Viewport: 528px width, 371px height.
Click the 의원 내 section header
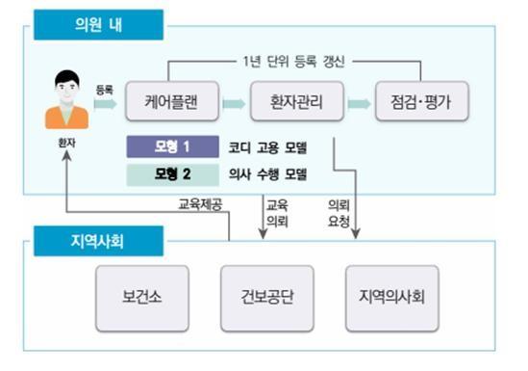coord(98,25)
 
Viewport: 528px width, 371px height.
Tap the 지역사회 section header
coord(98,241)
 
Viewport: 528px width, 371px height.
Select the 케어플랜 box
coord(172,101)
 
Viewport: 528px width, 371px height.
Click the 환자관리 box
coord(297,101)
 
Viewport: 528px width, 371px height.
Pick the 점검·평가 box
coord(422,101)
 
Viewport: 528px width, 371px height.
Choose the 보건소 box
coord(142,298)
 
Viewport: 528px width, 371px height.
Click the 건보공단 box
coord(267,298)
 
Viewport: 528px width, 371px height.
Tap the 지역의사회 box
coord(392,298)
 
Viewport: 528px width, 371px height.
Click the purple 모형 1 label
coord(173,146)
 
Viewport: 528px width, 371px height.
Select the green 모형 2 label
coord(173,174)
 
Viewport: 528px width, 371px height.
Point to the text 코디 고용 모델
coord(267,147)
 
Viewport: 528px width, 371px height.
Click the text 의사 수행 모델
coord(267,174)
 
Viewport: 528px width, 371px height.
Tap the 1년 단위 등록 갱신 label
coord(293,62)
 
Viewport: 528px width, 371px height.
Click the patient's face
coord(66,90)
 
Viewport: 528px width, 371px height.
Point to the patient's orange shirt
coord(66,117)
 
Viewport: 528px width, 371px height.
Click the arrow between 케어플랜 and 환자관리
coord(234,103)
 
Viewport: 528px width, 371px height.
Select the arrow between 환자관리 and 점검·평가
coord(360,103)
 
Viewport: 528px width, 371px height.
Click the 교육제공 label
coord(200,204)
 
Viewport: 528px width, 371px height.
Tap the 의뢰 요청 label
coord(339,213)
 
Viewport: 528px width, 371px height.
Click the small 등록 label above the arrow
coord(105,90)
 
